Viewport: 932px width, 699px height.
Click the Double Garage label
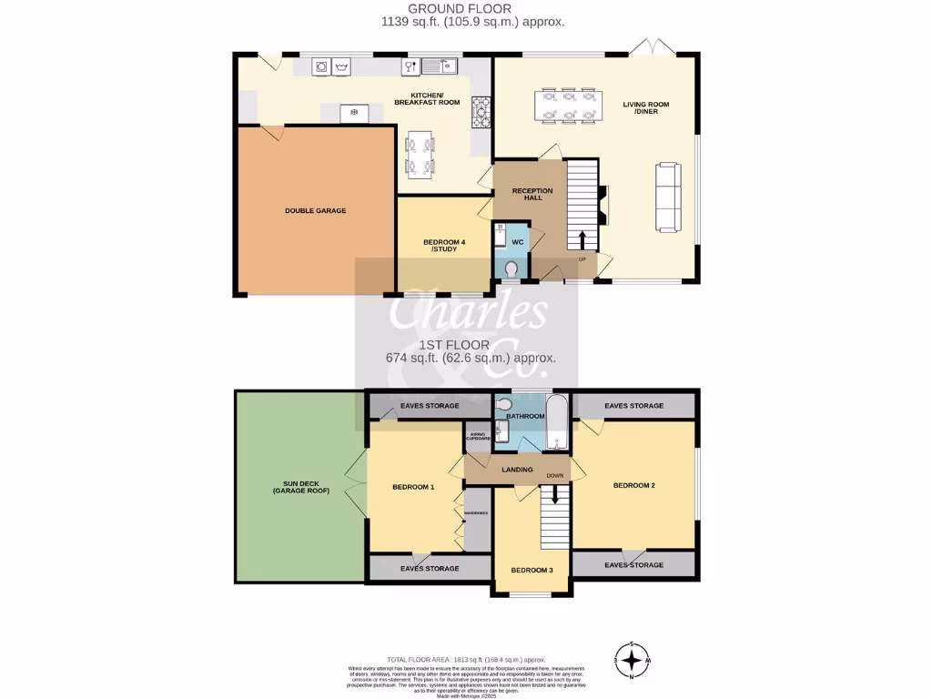[315, 210]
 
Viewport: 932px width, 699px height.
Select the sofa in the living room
[668, 197]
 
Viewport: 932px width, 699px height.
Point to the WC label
[516, 242]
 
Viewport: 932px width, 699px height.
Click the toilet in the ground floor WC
[513, 270]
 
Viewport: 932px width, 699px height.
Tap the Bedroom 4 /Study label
[444, 247]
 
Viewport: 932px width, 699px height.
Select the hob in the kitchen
[481, 112]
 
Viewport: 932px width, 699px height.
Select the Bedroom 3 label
[532, 571]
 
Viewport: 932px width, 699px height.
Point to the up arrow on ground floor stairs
[582, 238]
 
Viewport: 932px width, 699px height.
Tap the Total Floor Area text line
[465, 659]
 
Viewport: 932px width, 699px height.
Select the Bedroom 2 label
[633, 485]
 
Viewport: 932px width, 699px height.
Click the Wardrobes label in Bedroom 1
[476, 513]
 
